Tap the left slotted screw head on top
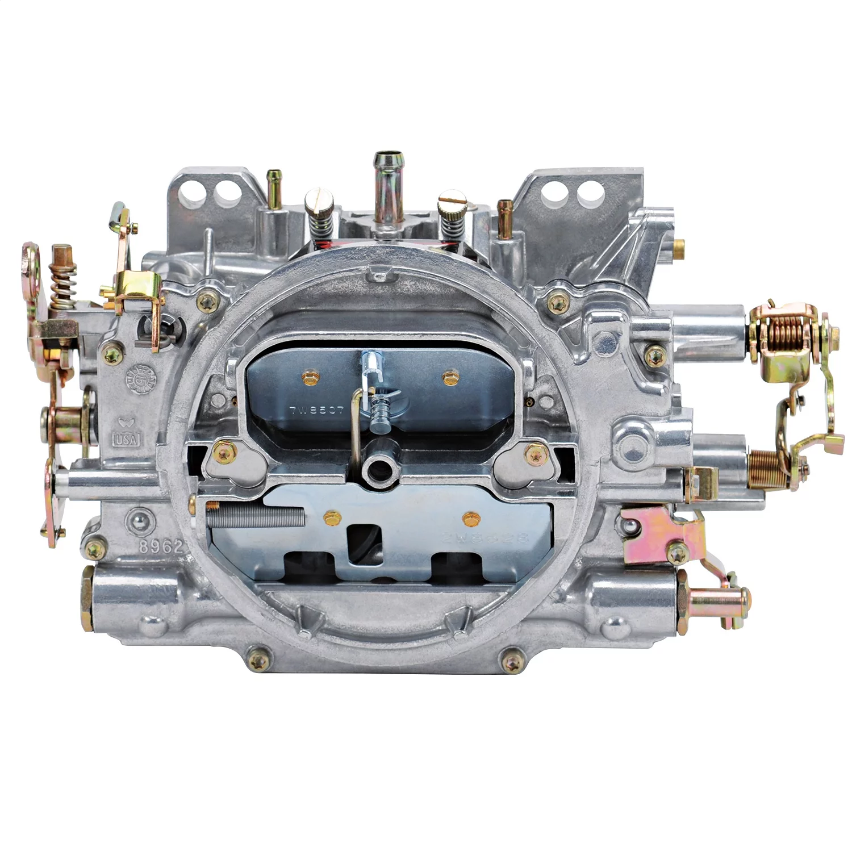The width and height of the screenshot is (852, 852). pyautogui.click(x=314, y=199)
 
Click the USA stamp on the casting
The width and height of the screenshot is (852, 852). pyautogui.click(x=127, y=438)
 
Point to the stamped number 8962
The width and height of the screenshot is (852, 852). pyautogui.click(x=165, y=546)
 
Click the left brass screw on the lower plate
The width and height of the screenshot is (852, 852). pyautogui.click(x=329, y=516)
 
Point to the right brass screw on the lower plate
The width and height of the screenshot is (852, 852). pyautogui.click(x=469, y=517)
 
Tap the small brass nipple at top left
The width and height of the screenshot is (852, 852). pyautogui.click(x=275, y=184)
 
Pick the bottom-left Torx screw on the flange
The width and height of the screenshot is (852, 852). pyautogui.click(x=259, y=661)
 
